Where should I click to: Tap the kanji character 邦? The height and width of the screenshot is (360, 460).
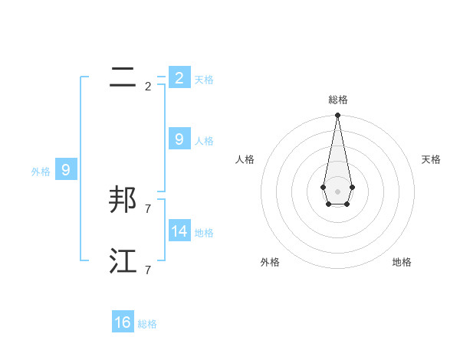[x=123, y=199]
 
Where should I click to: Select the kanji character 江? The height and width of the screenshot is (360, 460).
[x=123, y=261]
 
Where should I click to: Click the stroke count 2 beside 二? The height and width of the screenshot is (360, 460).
[x=148, y=87]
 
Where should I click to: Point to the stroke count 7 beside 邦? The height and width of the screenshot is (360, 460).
[x=148, y=208]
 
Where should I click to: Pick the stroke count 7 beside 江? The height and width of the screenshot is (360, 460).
[x=148, y=270]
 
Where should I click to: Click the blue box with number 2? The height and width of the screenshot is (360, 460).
[x=179, y=77]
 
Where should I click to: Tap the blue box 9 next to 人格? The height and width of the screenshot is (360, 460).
[x=179, y=139]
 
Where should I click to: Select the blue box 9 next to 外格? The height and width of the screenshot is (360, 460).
[x=65, y=170]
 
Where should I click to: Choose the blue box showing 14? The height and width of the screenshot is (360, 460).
[x=179, y=231]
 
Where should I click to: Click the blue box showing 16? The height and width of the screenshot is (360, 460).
[x=123, y=322]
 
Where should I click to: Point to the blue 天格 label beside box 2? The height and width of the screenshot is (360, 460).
[x=204, y=80]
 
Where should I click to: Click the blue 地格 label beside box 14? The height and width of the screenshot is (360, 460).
[x=204, y=233]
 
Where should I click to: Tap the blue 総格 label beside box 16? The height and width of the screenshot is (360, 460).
[x=147, y=325]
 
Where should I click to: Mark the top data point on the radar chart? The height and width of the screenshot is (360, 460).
[x=337, y=115]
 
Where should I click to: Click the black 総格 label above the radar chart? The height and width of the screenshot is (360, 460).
[x=337, y=100]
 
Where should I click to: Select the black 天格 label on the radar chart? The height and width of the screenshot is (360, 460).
[x=431, y=159]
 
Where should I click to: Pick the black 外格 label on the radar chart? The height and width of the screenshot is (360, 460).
[x=270, y=263]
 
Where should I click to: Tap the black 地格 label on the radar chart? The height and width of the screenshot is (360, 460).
[x=402, y=263]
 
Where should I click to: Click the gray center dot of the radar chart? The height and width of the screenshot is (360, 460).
[x=337, y=191]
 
